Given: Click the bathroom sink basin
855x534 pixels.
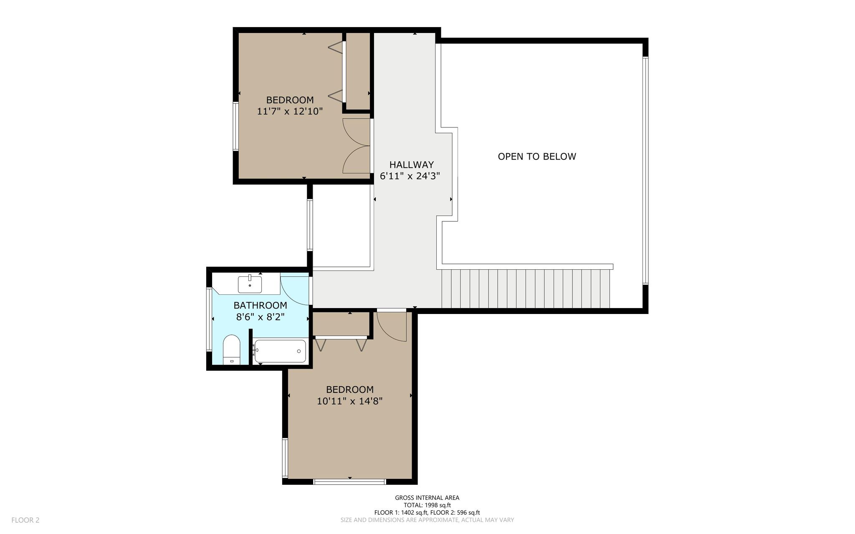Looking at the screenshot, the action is (250, 284).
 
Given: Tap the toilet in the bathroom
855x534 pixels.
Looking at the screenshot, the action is (231, 350).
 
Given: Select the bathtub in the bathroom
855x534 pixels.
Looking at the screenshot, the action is (280, 351).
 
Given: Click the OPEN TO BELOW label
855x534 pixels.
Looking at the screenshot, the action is (537, 157).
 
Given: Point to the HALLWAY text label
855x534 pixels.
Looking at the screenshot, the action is (412, 165).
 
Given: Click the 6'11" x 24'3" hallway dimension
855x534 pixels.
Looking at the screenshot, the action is (410, 176).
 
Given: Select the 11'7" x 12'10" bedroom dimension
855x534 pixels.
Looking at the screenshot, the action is (290, 111).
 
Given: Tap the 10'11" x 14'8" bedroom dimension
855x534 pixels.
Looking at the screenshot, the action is (350, 401).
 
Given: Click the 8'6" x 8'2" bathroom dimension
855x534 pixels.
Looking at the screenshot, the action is (261, 317).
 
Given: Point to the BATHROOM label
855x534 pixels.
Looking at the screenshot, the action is (261, 305).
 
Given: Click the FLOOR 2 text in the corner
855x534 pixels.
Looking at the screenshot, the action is (25, 520).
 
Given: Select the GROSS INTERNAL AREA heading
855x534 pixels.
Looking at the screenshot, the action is (427, 498).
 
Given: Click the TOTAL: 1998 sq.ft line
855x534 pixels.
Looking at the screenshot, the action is (427, 505).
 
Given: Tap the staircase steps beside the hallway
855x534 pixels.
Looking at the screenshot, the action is (525, 289).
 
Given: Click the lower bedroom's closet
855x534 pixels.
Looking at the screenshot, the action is (341, 324).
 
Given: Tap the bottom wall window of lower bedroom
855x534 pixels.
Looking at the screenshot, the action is (349, 482).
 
